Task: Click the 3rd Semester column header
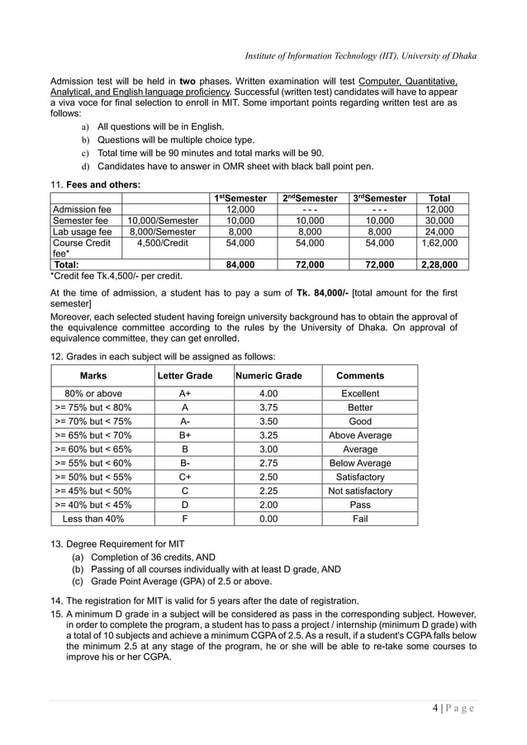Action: (379, 198)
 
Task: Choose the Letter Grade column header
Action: (185, 376)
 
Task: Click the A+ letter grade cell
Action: (185, 394)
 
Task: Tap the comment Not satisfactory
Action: (360, 491)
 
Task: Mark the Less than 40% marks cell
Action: (88, 519)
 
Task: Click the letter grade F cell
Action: (185, 519)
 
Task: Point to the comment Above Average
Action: (360, 435)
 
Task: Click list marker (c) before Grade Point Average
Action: (78, 583)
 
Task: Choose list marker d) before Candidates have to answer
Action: (84, 167)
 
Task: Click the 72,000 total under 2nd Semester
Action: (310, 264)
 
